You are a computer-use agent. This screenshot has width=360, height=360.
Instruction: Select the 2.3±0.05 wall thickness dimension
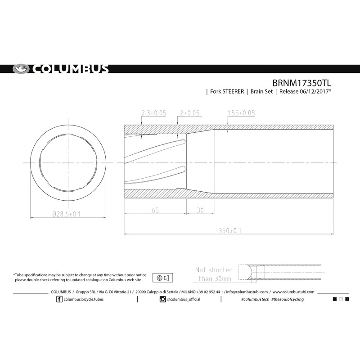(x=153, y=112)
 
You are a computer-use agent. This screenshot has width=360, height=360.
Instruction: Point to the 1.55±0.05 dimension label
(x=241, y=112)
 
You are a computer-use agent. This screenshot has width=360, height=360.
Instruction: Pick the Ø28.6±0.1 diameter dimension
(x=64, y=214)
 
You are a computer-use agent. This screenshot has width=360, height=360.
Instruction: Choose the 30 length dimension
(x=200, y=210)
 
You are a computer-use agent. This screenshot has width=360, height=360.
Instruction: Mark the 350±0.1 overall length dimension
(x=230, y=230)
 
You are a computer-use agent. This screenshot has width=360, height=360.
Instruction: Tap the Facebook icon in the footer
(x=59, y=299)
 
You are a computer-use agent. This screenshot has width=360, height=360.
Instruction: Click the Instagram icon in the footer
(x=162, y=299)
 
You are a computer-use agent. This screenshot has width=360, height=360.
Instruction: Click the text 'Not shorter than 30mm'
(x=214, y=274)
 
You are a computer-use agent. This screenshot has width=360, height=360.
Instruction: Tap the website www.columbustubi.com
(x=293, y=292)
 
